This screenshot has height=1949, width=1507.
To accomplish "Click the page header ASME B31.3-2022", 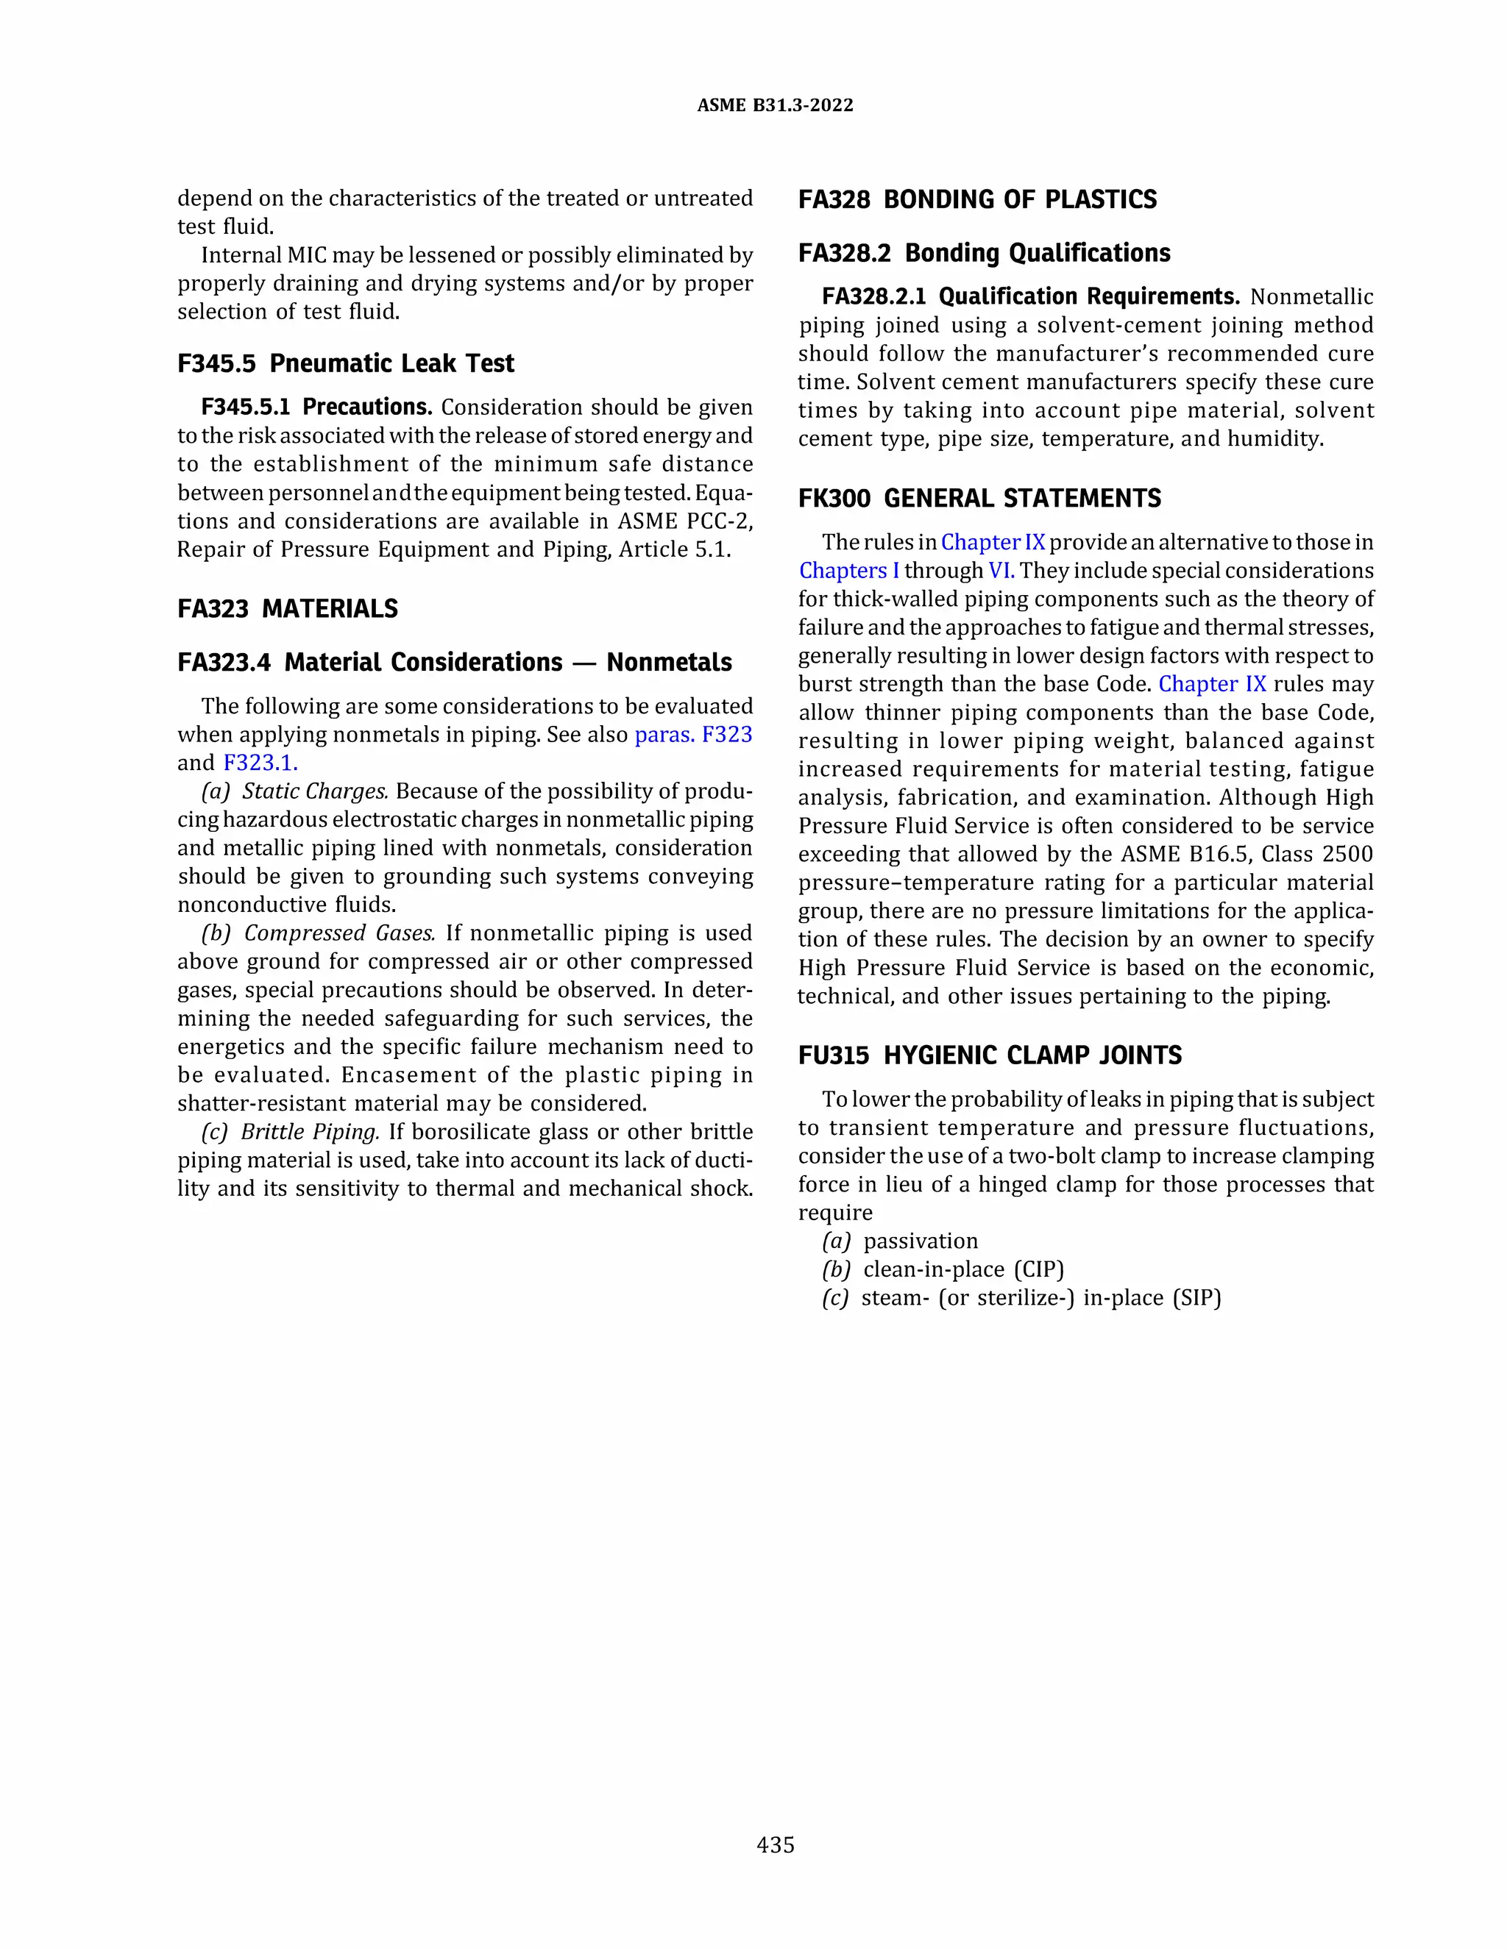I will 775,105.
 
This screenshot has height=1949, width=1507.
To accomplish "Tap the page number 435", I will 775,1845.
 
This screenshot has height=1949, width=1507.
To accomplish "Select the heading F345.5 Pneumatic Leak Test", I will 346,363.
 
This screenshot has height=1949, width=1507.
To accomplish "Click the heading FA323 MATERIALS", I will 288,609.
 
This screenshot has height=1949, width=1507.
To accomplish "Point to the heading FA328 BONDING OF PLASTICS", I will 976,199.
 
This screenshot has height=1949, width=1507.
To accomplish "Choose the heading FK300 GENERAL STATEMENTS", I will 979,498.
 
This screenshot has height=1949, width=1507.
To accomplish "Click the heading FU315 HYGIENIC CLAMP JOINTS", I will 989,1055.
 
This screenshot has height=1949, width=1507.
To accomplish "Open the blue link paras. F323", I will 692,735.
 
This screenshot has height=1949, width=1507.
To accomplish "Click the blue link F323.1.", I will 260,763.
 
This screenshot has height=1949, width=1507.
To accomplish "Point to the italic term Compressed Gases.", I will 339,933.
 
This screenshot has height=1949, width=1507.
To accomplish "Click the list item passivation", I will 921,1241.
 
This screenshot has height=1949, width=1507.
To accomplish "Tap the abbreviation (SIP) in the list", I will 1196,1297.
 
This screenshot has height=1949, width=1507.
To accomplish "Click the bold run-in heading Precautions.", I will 367,407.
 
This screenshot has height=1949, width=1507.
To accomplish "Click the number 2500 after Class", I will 1347,854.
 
